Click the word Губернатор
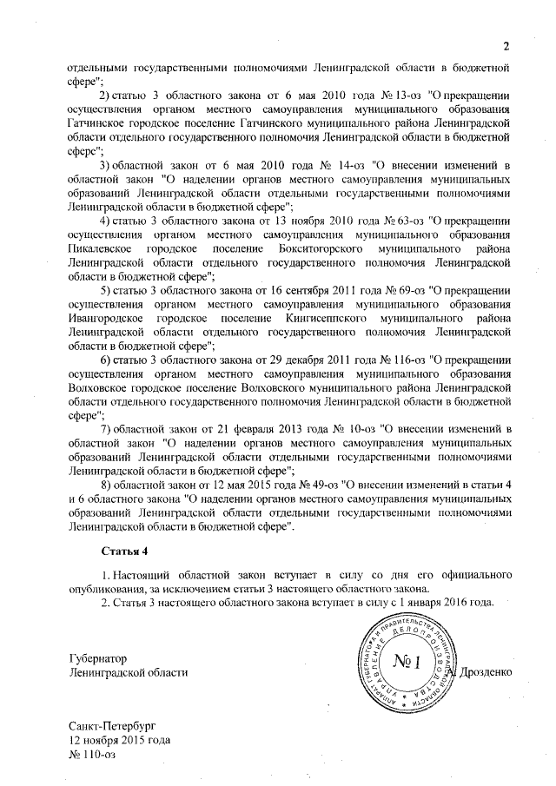coord(98,658)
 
